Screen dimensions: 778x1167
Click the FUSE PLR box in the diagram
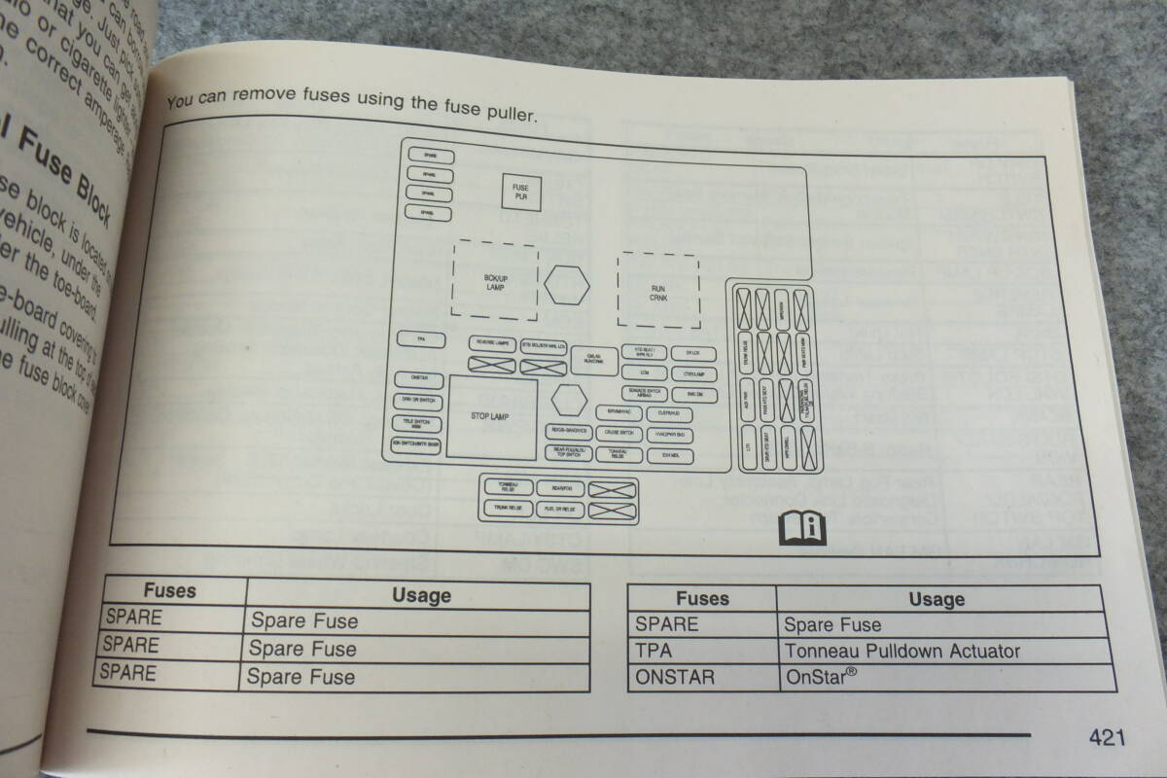[520, 192]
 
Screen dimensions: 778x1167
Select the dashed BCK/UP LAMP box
[496, 282]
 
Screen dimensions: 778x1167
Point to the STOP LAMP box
[491, 417]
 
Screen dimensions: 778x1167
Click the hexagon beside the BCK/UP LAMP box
[567, 284]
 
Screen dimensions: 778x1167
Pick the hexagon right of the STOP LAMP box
[567, 399]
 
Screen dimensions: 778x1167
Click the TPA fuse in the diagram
[420, 340]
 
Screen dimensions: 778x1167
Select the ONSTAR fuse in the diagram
[419, 380]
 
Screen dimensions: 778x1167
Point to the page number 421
[1107, 738]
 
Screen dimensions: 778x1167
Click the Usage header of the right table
[936, 599]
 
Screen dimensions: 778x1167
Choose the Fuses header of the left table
[170, 591]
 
